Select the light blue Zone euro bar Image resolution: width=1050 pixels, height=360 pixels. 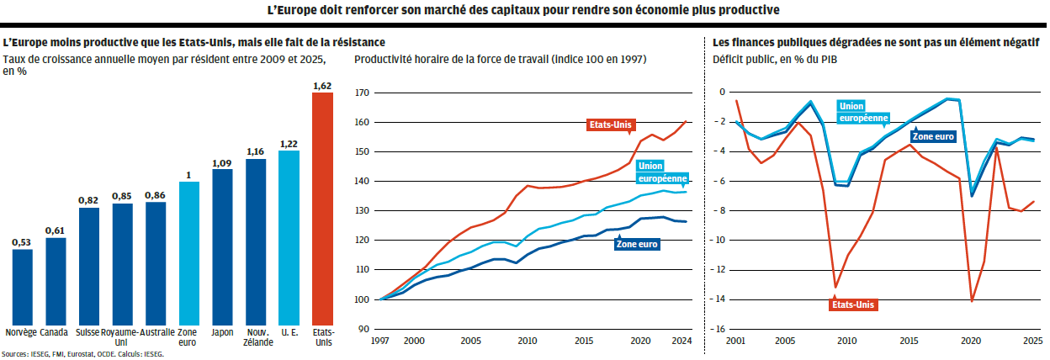189,252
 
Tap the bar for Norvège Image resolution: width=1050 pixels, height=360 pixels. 23,286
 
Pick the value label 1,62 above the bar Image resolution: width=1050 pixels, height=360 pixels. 322,86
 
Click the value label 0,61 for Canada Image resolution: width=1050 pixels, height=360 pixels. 56,231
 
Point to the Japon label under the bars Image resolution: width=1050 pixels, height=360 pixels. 222,331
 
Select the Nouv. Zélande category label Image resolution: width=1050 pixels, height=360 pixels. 256,336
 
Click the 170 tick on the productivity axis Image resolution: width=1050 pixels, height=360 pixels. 363,93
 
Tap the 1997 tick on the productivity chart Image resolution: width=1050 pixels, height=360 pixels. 380,341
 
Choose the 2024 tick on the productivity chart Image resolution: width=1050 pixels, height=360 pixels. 681,341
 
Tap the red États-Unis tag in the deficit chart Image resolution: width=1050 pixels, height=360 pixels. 855,304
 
